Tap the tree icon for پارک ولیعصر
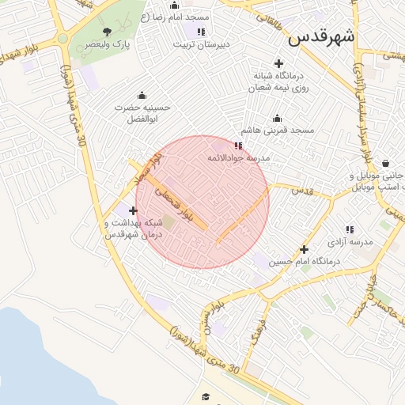[108, 32]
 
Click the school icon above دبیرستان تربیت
[201, 32]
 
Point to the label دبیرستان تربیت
[201, 45]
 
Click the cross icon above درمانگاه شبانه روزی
[278, 63]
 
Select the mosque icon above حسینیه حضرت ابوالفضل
[142, 95]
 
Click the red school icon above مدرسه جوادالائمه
[239, 146]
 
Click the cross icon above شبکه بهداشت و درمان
[133, 210]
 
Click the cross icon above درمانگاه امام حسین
[304, 249]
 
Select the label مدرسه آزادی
[350, 240]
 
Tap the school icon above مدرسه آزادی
[350, 229]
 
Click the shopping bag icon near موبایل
[385, 164]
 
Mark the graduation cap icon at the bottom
[206, 396]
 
